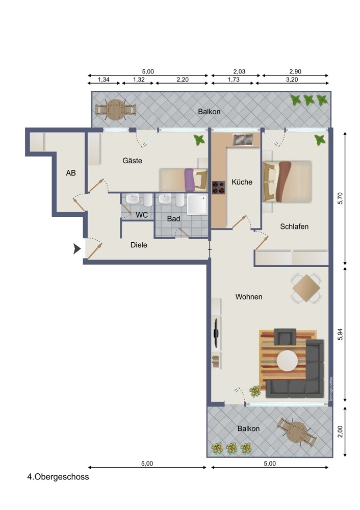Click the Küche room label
[242, 182]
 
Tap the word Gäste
[133, 160]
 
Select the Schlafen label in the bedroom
[294, 226]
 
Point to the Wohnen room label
[249, 297]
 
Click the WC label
[142, 215]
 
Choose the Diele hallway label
[139, 245]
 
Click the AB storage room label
[71, 173]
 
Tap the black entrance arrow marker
[77, 249]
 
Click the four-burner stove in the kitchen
[219, 187]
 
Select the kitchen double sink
[243, 140]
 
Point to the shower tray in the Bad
[197, 205]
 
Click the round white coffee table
[287, 361]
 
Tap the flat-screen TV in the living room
[216, 334]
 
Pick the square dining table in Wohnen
[306, 288]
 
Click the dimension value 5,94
[341, 334]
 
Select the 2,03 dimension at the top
[239, 71]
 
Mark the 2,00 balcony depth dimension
[341, 431]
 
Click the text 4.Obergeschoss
[58, 477]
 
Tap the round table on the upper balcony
[115, 109]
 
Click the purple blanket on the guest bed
[189, 180]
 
